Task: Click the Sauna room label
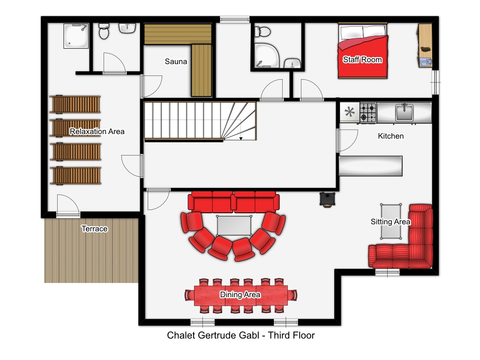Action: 176,61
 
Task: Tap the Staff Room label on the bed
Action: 362,60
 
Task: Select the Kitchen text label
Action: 390,136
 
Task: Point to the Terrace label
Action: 95,229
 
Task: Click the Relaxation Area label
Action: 97,131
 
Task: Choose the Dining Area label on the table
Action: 240,294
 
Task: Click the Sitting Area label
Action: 390,222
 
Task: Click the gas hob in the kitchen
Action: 368,112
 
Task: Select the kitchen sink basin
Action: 405,112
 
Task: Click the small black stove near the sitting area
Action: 327,199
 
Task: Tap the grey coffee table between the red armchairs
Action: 234,225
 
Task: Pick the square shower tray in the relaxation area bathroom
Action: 76,36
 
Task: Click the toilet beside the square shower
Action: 104,31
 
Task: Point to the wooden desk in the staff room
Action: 425,45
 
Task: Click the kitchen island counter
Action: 370,166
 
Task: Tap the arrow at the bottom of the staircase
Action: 241,139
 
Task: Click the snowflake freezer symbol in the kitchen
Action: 349,112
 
